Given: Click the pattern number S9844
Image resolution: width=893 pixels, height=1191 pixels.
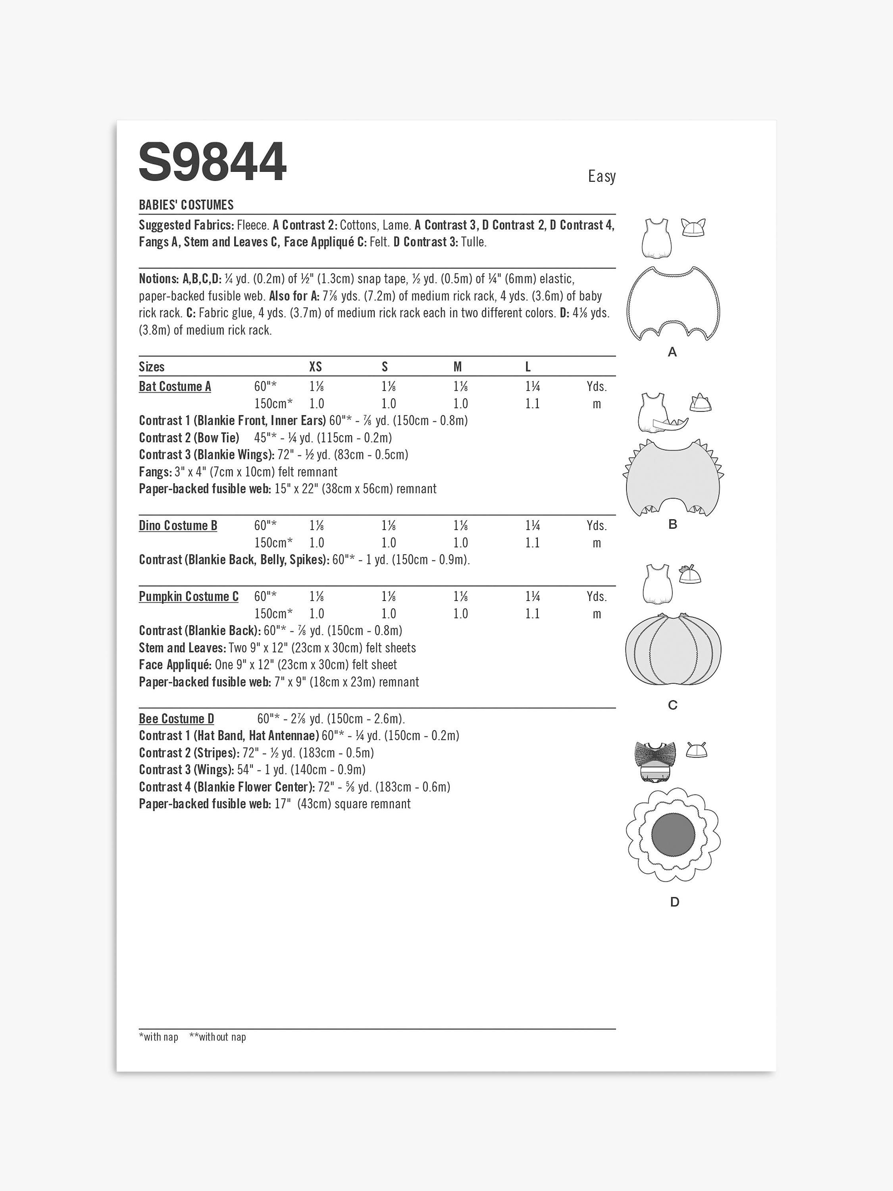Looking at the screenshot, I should click(x=213, y=162).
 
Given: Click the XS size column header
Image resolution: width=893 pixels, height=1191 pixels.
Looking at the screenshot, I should click(x=316, y=367).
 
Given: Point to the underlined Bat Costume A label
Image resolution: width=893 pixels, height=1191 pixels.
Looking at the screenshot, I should click(x=175, y=387).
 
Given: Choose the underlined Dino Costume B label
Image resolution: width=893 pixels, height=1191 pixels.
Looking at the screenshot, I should click(x=178, y=526).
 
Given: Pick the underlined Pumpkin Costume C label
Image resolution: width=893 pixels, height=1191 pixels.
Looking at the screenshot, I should click(x=189, y=597).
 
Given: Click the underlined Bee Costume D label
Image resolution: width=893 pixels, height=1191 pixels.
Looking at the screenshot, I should click(x=177, y=719).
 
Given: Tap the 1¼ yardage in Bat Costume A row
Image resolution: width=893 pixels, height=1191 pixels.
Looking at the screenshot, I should click(x=532, y=387).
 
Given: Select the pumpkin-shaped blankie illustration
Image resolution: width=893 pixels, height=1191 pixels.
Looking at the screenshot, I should click(x=673, y=651).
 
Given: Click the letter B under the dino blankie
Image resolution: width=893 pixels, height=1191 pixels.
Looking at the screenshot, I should click(x=672, y=524).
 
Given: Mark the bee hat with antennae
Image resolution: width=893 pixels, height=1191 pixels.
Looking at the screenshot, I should click(x=697, y=750).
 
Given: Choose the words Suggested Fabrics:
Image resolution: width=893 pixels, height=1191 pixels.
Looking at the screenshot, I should click(x=186, y=225).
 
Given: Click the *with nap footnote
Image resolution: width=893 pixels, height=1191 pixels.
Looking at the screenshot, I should click(x=159, y=1037).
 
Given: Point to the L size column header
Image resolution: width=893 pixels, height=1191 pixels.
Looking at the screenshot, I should click(x=528, y=367).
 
